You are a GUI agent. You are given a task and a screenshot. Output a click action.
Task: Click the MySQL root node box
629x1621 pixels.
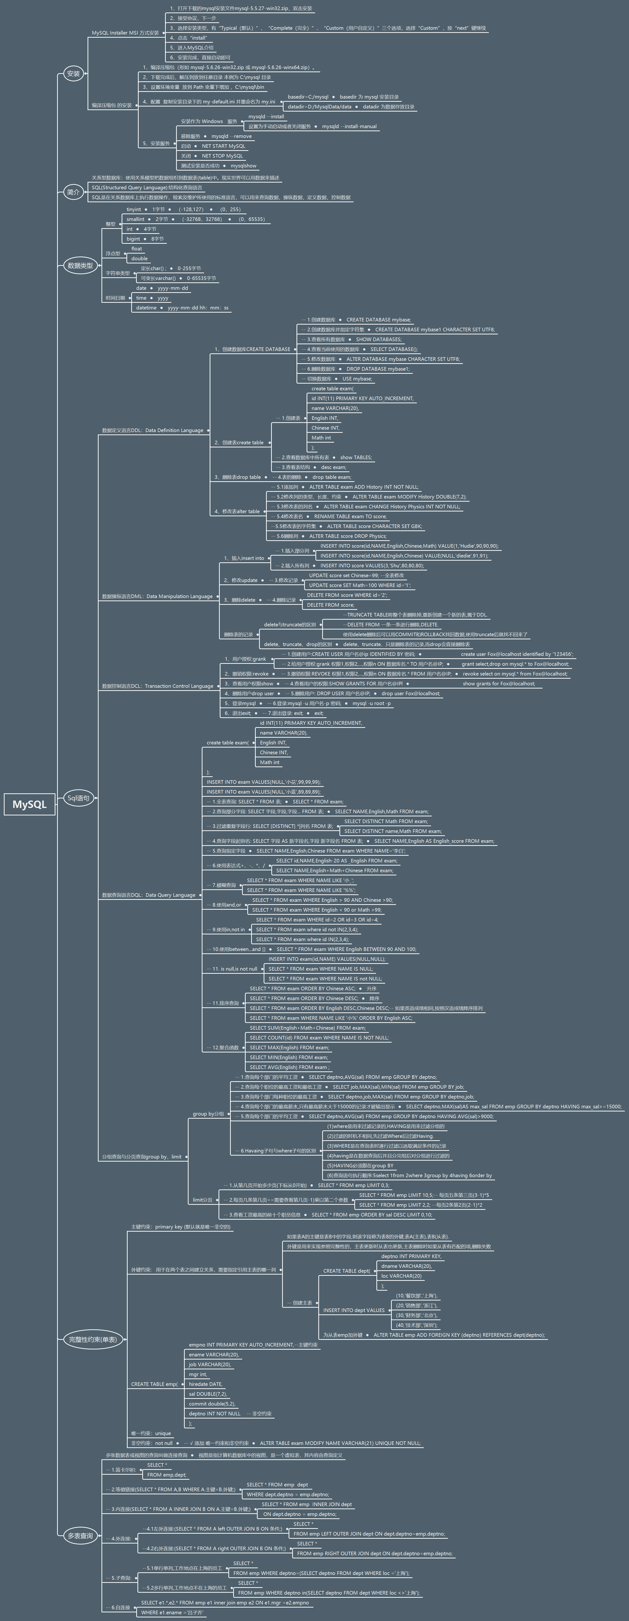click(30, 804)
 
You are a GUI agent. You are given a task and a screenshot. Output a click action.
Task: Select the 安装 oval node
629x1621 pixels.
click(74, 74)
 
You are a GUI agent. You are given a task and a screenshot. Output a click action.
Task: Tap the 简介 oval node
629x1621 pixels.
click(74, 192)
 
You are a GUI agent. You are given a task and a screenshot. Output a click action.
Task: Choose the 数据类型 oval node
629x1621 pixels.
click(80, 266)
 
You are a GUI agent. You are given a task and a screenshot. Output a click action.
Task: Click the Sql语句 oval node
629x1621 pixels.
click(79, 798)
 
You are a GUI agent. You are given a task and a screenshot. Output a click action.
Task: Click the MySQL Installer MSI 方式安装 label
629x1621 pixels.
click(125, 33)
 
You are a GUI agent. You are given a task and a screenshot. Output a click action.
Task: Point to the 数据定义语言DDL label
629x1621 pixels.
click(152, 430)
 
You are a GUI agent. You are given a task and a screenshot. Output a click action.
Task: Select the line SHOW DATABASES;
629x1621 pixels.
click(379, 339)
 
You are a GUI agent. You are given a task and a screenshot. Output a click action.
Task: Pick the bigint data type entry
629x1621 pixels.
click(133, 239)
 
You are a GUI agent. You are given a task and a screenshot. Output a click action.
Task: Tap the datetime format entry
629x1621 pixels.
click(147, 308)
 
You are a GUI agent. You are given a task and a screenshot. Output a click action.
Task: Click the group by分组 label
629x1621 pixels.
click(208, 1114)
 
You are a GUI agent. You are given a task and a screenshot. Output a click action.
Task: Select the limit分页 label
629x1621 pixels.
click(202, 1200)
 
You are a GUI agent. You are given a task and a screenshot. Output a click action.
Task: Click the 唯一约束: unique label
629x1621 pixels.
click(151, 1433)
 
